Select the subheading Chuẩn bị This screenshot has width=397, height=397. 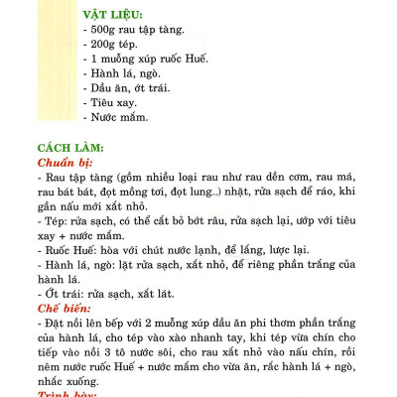coord(65,160)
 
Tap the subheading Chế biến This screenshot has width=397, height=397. coord(63,309)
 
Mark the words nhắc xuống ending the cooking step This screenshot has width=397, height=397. coord(69,380)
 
